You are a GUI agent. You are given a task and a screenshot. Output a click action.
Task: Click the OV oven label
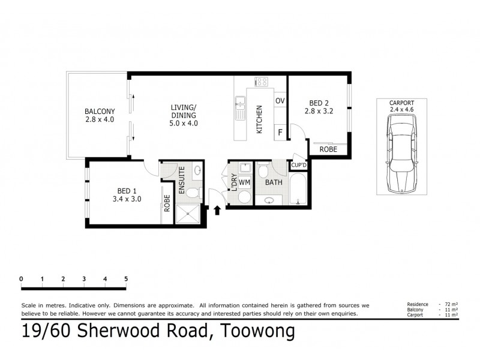coord(280,100)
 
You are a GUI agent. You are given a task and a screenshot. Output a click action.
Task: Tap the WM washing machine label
coord(244,182)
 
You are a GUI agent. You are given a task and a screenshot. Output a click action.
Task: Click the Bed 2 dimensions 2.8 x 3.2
coord(318,111)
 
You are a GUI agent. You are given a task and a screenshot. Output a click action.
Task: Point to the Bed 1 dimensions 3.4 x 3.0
coord(127,199)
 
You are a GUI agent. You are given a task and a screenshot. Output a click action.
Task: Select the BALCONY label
coord(99,111)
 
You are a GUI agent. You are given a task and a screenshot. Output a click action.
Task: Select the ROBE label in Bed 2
coord(328,149)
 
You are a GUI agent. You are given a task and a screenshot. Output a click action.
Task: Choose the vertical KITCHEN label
coord(259,119)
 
